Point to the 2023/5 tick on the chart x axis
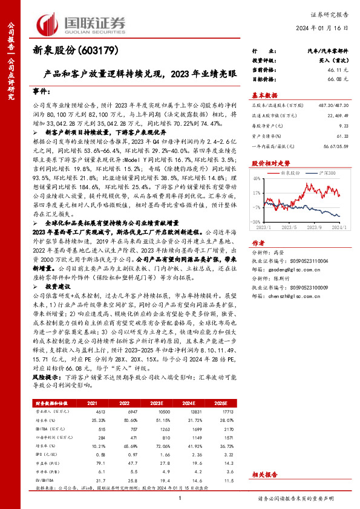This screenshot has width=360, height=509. click(x=288, y=228)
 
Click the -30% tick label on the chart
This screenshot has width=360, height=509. click(x=256, y=222)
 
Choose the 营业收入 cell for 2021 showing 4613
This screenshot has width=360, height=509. click(x=92, y=410)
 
